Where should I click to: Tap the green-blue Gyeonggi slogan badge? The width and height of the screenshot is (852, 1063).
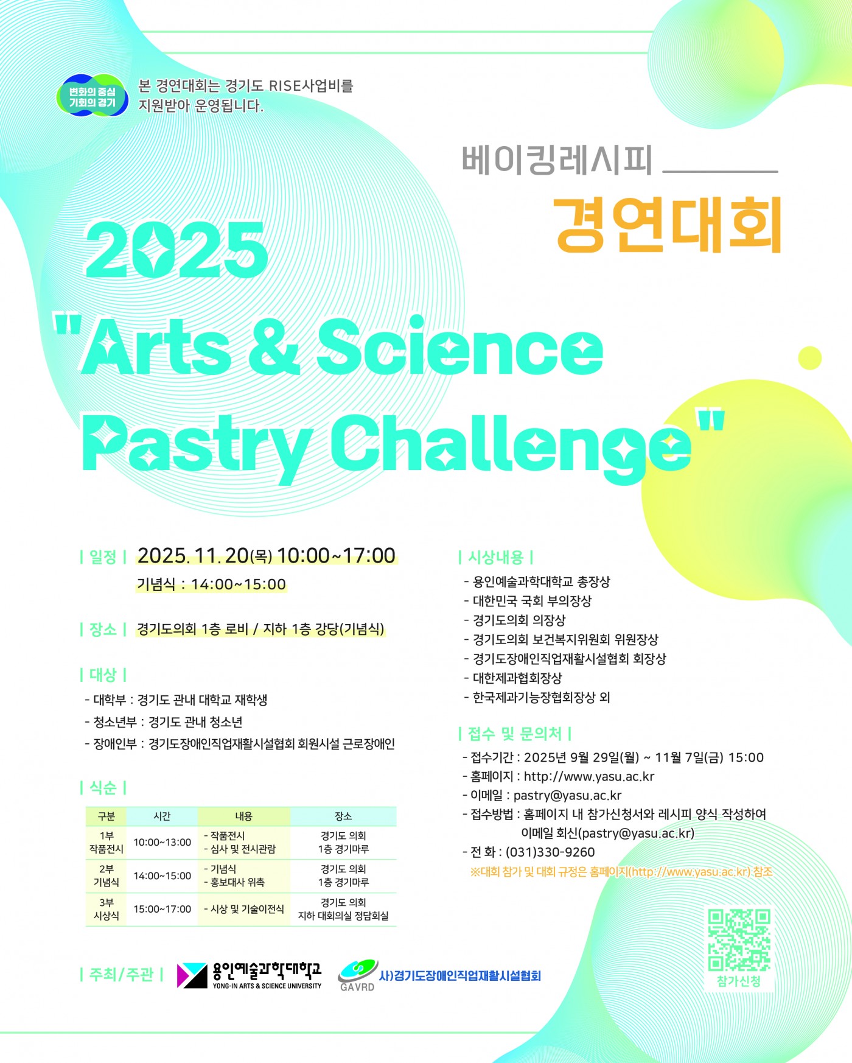(x=93, y=96)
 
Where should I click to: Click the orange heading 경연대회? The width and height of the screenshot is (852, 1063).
(x=669, y=225)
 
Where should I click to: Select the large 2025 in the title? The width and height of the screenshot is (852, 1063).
(x=177, y=250)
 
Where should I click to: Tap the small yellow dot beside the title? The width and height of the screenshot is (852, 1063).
(x=809, y=357)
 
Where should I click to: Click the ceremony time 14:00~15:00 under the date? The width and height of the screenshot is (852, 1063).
(x=239, y=584)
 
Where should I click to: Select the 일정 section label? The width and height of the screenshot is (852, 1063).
(x=103, y=557)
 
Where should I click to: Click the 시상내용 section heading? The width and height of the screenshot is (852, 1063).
(x=496, y=557)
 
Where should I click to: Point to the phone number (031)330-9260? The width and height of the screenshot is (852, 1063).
(x=550, y=852)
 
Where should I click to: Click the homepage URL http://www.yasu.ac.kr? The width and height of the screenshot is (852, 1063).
(x=589, y=776)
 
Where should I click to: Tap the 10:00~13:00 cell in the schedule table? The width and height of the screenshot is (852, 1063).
(x=162, y=842)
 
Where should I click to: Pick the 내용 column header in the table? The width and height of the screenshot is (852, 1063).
(x=243, y=816)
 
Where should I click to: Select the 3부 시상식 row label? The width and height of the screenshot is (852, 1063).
(x=106, y=909)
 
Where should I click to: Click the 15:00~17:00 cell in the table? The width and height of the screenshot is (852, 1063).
(x=162, y=909)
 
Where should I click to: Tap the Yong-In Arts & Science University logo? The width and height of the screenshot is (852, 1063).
(x=249, y=975)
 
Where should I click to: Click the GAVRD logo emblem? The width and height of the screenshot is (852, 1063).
(x=357, y=975)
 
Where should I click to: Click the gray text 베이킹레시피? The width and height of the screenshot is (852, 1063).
(x=556, y=160)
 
